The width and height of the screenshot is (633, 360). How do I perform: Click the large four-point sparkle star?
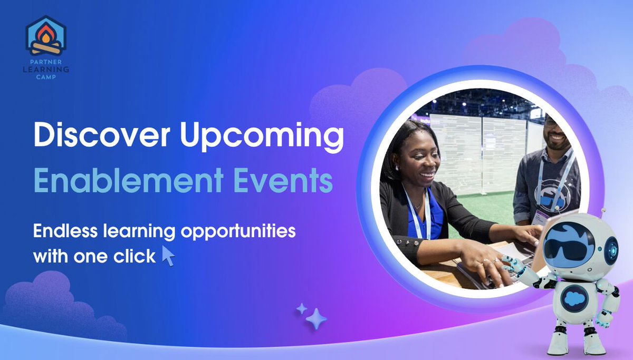click(316, 318)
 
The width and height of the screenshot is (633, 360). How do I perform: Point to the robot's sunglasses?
click(568, 249)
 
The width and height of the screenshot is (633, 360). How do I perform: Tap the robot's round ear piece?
click(611, 249)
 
